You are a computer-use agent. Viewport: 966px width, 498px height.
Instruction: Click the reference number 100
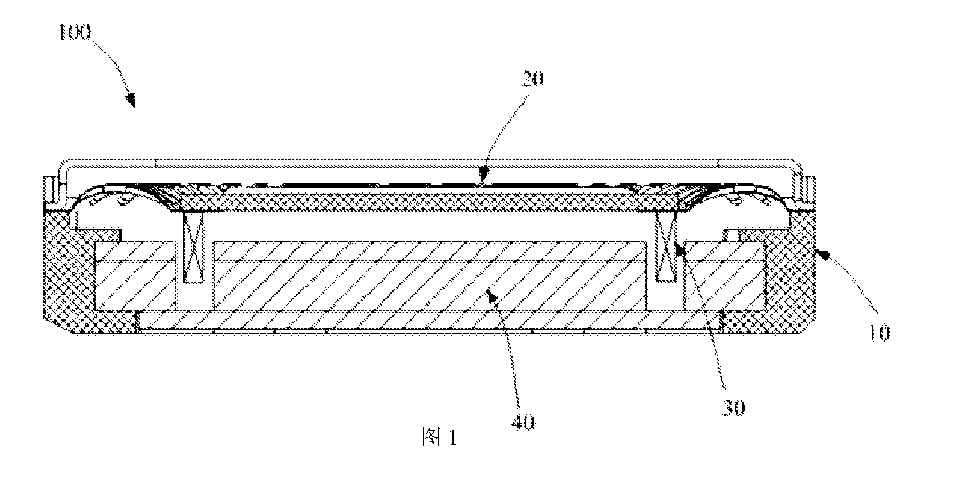click(75, 33)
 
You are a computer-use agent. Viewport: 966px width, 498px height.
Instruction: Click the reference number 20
click(532, 80)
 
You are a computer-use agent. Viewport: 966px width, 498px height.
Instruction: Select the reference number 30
click(733, 407)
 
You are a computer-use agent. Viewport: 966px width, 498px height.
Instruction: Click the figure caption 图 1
click(439, 437)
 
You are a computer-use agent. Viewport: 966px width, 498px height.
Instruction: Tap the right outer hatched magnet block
click(725, 276)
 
